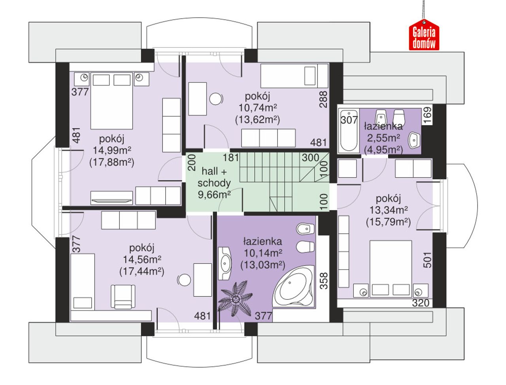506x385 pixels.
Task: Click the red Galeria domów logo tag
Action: coord(424,35)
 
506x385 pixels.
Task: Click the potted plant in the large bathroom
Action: coord(235,299)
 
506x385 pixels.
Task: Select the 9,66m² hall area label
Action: coord(214,195)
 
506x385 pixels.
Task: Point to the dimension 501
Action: coord(427,260)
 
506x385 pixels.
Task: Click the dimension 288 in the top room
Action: coord(323,99)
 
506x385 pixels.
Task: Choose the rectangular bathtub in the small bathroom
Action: coord(349,131)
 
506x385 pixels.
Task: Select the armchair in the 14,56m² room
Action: coord(123,297)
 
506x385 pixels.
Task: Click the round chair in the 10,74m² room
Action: coord(216,99)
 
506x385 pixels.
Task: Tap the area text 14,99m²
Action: coord(112,150)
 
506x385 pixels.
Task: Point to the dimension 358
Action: coord(324,281)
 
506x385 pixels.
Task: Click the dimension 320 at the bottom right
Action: coord(421,303)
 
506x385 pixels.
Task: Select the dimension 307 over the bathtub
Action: coord(349,120)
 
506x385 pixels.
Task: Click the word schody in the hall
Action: coord(214,183)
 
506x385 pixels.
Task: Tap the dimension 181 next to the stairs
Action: coord(231,158)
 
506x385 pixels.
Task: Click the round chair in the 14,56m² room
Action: coord(184,280)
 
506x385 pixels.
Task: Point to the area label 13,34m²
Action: coord(389,210)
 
